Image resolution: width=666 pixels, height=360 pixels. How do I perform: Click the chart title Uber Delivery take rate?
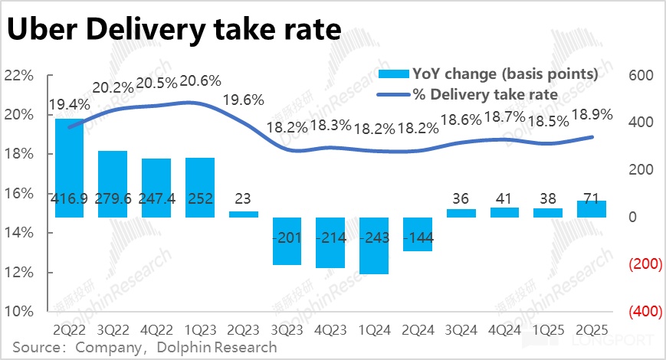(x=174, y=29)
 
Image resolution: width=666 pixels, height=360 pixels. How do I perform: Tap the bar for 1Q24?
(x=374, y=245)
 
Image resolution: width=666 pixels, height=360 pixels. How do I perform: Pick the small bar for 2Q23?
(x=244, y=214)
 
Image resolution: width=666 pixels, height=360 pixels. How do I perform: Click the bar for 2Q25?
(x=592, y=208)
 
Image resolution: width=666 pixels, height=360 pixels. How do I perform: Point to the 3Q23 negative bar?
(x=287, y=241)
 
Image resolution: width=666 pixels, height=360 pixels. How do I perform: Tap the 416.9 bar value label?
(x=69, y=199)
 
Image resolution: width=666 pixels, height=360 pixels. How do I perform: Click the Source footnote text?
(x=144, y=347)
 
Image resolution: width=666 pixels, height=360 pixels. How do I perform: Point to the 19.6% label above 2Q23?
(x=243, y=100)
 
